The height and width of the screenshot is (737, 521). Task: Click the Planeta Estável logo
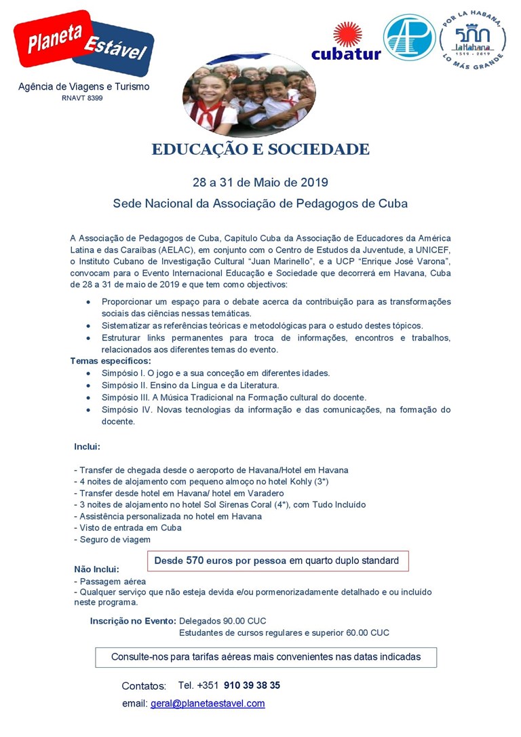click(84, 42)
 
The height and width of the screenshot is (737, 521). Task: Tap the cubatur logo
click(346, 42)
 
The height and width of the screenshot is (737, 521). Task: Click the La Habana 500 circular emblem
click(472, 39)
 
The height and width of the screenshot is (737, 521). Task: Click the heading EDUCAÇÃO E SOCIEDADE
click(260, 150)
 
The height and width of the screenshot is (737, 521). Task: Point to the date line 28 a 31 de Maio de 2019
click(260, 182)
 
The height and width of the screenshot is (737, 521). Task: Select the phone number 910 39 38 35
click(252, 685)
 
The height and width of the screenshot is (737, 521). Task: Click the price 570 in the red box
click(195, 561)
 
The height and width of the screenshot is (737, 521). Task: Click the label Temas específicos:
click(111, 361)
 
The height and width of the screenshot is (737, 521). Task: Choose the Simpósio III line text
click(233, 397)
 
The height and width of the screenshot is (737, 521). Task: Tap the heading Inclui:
click(88, 447)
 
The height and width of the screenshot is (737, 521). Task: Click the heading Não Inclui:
click(97, 569)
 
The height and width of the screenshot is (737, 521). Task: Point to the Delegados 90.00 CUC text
click(223, 621)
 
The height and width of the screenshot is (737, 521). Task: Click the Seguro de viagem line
click(113, 540)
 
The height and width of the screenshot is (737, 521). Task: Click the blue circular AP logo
click(409, 38)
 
